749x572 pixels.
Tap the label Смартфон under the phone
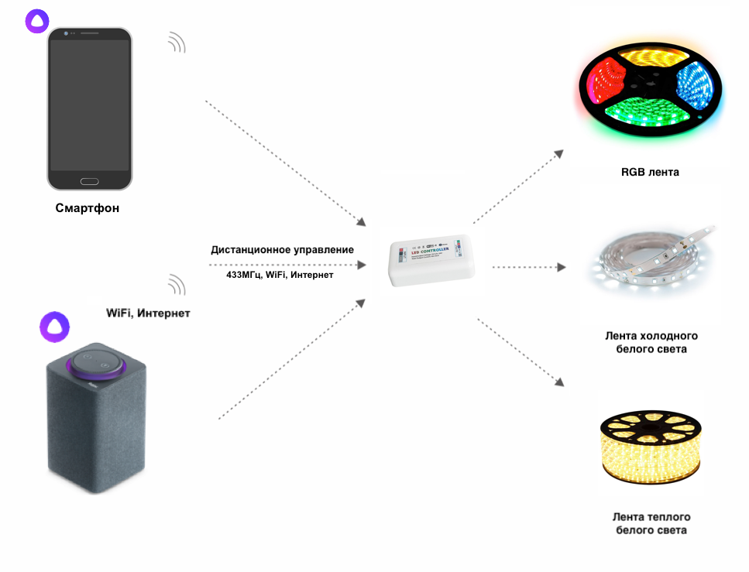[88, 208]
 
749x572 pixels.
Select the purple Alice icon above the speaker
[54, 326]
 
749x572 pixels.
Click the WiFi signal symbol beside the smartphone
[177, 43]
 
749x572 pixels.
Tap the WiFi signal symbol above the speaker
[177, 285]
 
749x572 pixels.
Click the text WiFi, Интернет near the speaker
[148, 313]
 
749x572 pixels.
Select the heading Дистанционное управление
[282, 250]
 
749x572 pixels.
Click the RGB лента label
[650, 172]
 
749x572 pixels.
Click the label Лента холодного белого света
[651, 342]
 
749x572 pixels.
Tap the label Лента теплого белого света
[651, 523]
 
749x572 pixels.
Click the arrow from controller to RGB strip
[518, 187]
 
